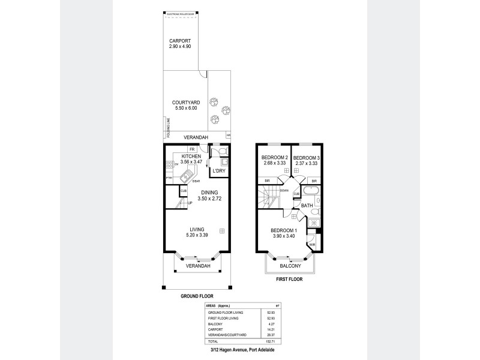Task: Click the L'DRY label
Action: coord(218,172)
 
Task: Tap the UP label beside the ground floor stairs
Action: coord(191,203)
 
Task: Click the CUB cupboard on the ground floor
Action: coord(184,191)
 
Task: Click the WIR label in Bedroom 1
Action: coord(312,245)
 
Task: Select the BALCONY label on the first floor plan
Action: coord(290,265)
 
